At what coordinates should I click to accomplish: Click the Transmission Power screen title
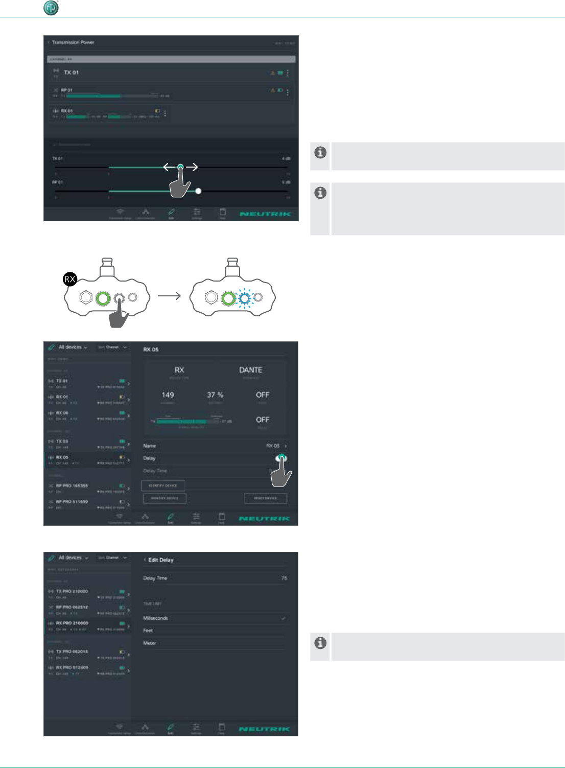73,42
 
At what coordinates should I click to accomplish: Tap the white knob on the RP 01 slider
198,191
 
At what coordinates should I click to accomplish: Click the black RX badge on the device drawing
70,279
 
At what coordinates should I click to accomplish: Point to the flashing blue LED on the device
245,298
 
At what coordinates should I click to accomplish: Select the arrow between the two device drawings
170,296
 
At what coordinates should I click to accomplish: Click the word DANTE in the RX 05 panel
250,370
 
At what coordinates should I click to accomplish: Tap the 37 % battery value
215,395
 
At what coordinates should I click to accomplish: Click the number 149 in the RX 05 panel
168,395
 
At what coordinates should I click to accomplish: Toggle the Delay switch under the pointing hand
281,458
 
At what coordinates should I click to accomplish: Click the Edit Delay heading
160,560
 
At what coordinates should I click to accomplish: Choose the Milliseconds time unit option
156,618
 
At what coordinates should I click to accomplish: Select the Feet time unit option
148,631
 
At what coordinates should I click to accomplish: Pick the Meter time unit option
150,643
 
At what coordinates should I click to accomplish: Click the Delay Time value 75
284,578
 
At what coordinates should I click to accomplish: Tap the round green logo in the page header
51,8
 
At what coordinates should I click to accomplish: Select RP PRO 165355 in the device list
72,486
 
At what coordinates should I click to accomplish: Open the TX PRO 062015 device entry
72,652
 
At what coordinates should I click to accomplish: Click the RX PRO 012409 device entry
72,668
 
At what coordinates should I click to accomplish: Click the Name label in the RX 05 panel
150,446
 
